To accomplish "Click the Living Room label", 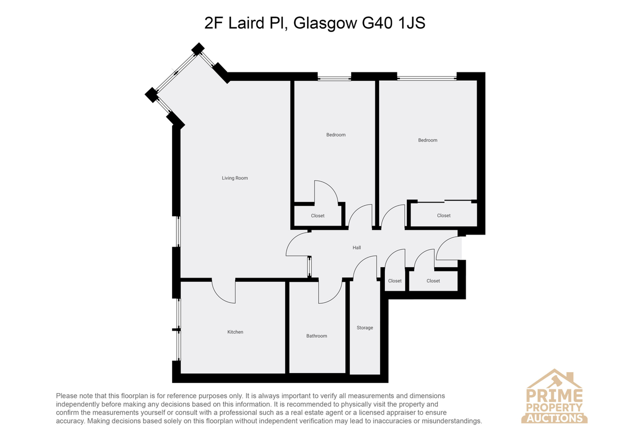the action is pyautogui.click(x=235, y=178).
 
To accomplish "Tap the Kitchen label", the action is pyautogui.click(x=235, y=332).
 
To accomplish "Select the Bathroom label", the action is pyautogui.click(x=317, y=336).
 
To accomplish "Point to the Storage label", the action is pyautogui.click(x=365, y=328).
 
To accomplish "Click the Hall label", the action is pyautogui.click(x=356, y=248).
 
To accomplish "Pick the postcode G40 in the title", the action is pyautogui.click(x=377, y=23).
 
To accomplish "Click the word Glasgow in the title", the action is pyautogui.click(x=325, y=24).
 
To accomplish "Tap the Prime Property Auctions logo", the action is pyautogui.click(x=554, y=396).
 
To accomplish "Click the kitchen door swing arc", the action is pyautogui.click(x=219, y=296).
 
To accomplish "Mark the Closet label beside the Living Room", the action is pyautogui.click(x=318, y=216).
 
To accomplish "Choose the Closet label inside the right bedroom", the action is pyautogui.click(x=444, y=216).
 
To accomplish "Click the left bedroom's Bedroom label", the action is pyautogui.click(x=336, y=135).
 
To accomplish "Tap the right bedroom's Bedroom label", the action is pyautogui.click(x=427, y=140).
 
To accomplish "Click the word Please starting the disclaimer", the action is pyautogui.click(x=67, y=396).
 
